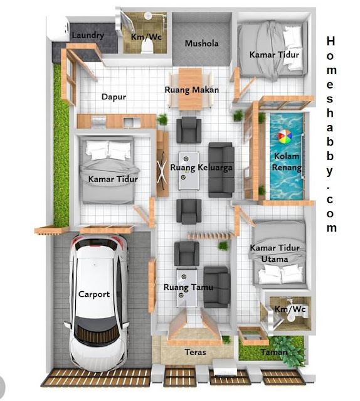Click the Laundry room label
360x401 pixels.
pyautogui.click(x=88, y=35)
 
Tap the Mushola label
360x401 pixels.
pyautogui.click(x=201, y=43)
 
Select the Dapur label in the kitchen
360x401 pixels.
pyautogui.click(x=114, y=97)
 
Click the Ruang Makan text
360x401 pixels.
pyautogui.click(x=192, y=90)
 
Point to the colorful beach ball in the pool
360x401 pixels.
pyautogui.click(x=285, y=137)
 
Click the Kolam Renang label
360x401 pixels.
pyautogui.click(x=287, y=162)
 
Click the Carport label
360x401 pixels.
pyautogui.click(x=94, y=294)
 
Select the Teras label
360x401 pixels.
pyautogui.click(x=195, y=352)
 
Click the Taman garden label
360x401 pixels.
pyautogui.click(x=274, y=352)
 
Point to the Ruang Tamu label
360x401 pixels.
pyautogui.click(x=188, y=287)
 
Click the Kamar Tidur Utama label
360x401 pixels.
pyautogui.click(x=275, y=253)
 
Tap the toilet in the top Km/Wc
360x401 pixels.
pyautogui.click(x=147, y=47)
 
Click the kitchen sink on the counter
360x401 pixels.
pyautogui.click(x=132, y=122)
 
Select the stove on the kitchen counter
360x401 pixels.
pyautogui.click(x=98, y=122)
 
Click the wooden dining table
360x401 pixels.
pyautogui.click(x=190, y=88)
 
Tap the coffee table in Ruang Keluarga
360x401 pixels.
pyautogui.click(x=189, y=171)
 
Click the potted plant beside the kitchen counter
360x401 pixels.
pyautogui.click(x=162, y=120)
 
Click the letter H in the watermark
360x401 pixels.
pyautogui.click(x=331, y=41)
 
